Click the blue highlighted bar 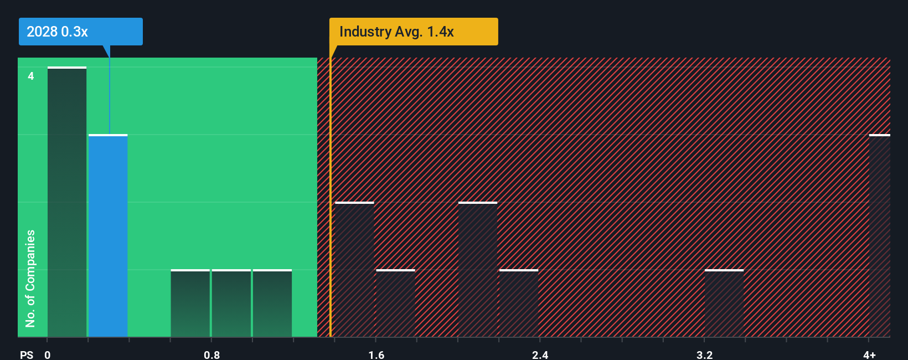click(x=108, y=235)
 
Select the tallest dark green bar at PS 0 click(x=67, y=202)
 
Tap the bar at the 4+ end click(x=879, y=235)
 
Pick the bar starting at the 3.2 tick click(x=724, y=303)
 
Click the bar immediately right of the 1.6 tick click(x=395, y=303)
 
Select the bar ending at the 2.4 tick click(x=519, y=303)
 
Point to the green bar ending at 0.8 click(x=190, y=303)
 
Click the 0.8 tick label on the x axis click(x=211, y=354)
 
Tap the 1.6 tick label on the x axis click(x=376, y=354)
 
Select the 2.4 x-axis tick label click(x=540, y=354)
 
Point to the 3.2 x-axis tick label click(x=704, y=354)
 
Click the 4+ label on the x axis click(x=869, y=354)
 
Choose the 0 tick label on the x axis click(x=48, y=354)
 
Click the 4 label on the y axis click(x=31, y=76)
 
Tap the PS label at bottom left click(x=27, y=354)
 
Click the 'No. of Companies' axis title click(x=30, y=278)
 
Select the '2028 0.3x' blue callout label click(x=58, y=32)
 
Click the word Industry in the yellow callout click(x=365, y=32)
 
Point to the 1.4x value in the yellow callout click(x=440, y=32)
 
